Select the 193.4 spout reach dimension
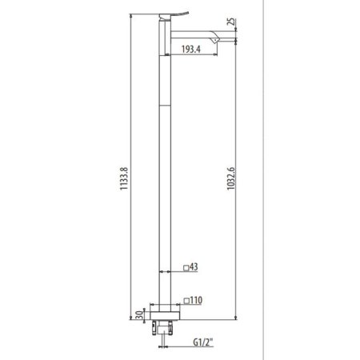click(191, 50)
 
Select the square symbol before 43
click(186, 268)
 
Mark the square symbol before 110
click(186, 301)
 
